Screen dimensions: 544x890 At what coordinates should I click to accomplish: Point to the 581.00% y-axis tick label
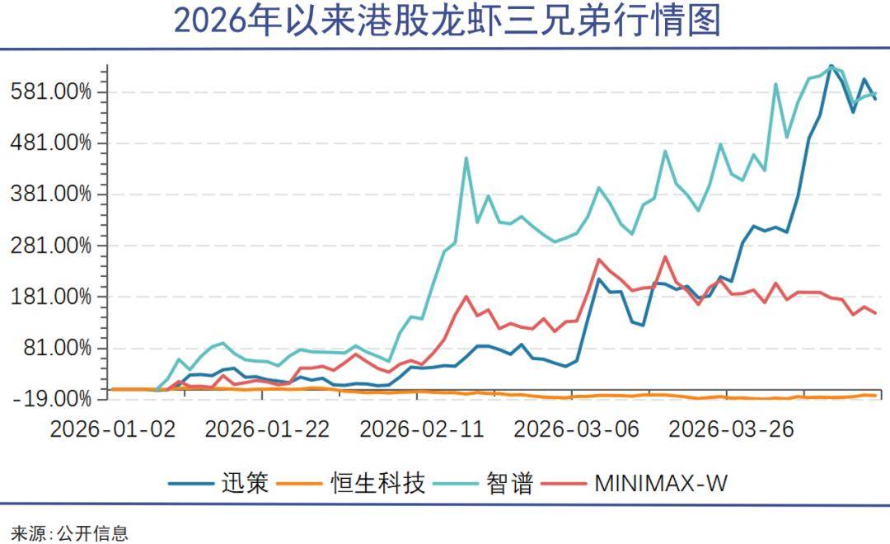pyautogui.click(x=52, y=91)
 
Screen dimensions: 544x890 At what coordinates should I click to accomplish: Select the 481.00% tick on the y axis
pyautogui.click(x=52, y=143)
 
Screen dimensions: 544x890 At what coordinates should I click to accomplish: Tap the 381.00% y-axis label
pyautogui.click(x=52, y=194)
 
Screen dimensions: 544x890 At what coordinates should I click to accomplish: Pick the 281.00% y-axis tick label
pyautogui.click(x=52, y=246)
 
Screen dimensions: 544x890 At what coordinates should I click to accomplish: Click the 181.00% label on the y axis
pyautogui.click(x=52, y=297)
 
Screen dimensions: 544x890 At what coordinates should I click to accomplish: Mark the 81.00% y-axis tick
pyautogui.click(x=58, y=348)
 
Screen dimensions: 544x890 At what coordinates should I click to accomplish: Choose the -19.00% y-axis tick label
pyautogui.click(x=52, y=399)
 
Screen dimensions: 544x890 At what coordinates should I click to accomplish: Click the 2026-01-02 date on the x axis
pyautogui.click(x=113, y=429)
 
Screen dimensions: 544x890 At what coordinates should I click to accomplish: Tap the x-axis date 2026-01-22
pyautogui.click(x=267, y=429)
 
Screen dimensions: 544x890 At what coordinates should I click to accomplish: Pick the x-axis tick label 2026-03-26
pyautogui.click(x=731, y=429)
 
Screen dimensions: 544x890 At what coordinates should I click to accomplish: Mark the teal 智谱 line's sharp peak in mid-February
pyautogui.click(x=466, y=158)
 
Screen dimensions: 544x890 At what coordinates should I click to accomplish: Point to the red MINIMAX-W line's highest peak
pyautogui.click(x=665, y=256)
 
